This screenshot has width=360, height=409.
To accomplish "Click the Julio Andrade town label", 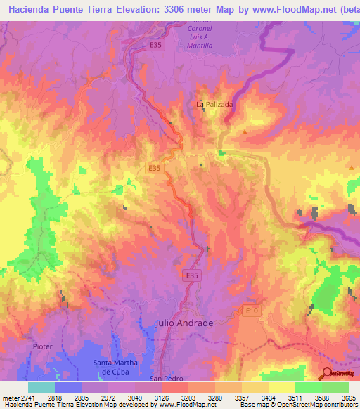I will click(x=184, y=323).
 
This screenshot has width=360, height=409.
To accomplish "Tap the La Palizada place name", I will click(x=213, y=104).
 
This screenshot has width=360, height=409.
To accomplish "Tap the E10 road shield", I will click(x=252, y=310).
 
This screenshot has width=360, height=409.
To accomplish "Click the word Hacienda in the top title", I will click(x=34, y=9).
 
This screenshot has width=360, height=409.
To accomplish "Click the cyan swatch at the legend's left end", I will click(x=41, y=387).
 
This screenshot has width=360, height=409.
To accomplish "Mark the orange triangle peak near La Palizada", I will click(x=245, y=132).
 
